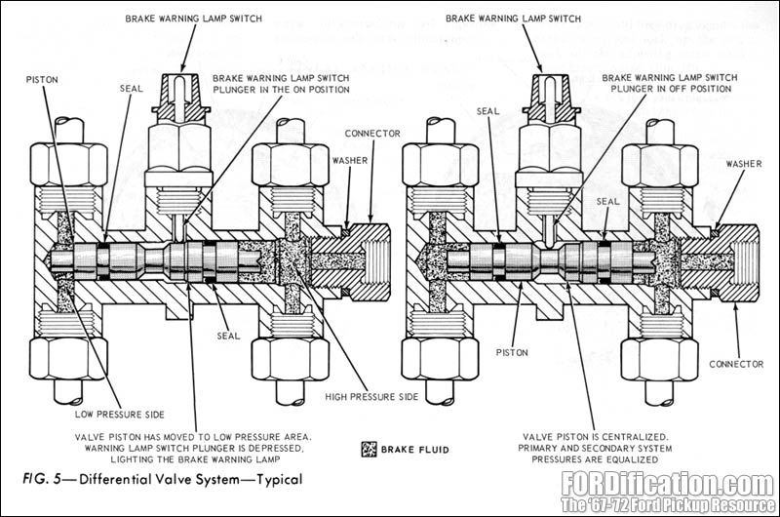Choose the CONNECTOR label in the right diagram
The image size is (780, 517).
pyautogui.click(x=736, y=364)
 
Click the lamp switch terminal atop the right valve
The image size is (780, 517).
pyautogui.click(x=553, y=89)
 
